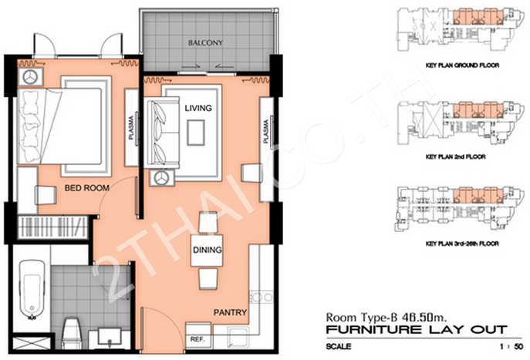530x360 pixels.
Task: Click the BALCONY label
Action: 205,43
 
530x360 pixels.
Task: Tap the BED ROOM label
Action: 87,188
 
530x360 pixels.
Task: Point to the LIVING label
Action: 198,108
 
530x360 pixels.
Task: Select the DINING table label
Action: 208,250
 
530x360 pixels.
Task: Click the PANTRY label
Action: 230,313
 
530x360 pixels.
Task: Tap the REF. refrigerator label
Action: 197,339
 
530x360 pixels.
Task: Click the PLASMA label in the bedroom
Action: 131,128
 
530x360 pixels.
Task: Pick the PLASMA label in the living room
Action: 266,131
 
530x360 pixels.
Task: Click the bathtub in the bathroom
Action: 32,290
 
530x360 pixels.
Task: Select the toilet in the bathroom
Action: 71,332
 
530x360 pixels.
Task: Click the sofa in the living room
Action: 161,132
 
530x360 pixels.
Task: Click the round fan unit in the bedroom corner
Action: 30,76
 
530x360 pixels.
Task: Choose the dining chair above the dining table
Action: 208,221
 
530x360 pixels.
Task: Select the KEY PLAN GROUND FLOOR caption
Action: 462,66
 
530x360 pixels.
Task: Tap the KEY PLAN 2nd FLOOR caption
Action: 456,156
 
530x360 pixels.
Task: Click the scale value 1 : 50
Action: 512,346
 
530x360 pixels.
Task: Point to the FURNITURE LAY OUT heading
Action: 417,330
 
